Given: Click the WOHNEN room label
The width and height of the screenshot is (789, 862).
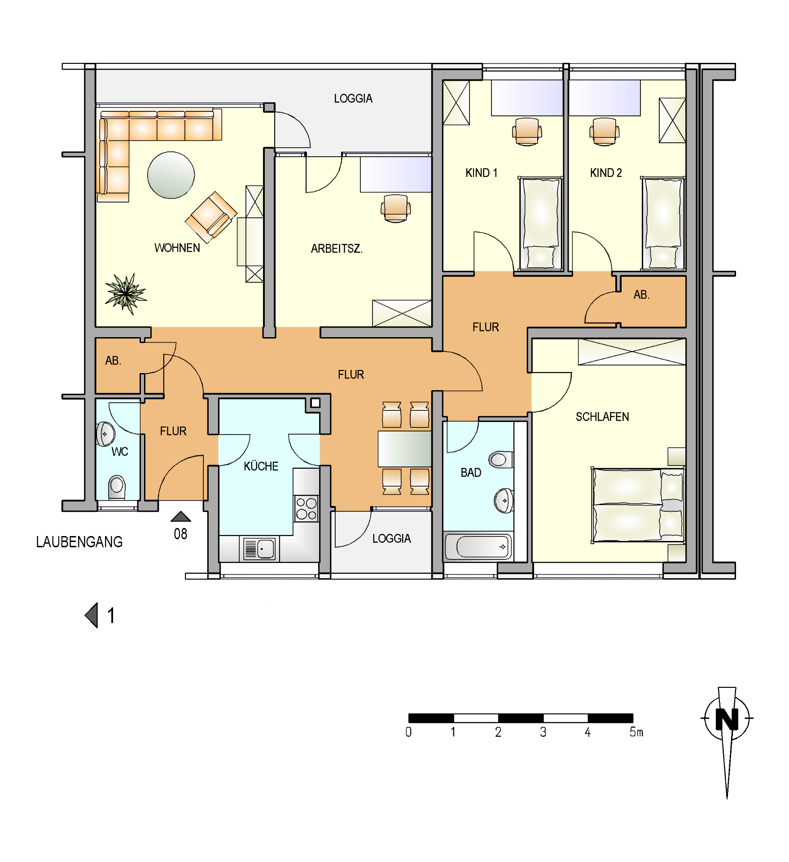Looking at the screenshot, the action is pos(177,248).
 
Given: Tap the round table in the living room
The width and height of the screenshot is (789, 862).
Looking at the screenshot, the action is pos(171,175).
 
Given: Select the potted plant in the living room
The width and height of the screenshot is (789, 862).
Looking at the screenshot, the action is pos(126,294).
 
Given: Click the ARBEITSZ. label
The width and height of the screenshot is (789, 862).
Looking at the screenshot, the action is pos(337,249).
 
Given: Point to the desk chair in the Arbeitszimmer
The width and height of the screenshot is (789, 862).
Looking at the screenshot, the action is pos(396,208).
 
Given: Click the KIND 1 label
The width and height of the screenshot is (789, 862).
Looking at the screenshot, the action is pos(482,173).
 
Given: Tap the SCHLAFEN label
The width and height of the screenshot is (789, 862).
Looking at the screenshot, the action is pos(602,417).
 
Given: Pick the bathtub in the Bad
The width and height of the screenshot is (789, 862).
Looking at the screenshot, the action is pos(478,546).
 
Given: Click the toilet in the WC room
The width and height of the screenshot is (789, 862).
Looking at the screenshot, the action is pos(117,488).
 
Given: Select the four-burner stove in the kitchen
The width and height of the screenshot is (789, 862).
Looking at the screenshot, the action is pos(307,508).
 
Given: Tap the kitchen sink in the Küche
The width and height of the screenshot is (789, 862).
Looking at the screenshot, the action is pos(259,549).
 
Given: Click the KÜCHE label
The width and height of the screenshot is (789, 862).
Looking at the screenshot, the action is pos(261,466).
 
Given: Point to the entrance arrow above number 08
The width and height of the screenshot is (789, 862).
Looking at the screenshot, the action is pos(181,516).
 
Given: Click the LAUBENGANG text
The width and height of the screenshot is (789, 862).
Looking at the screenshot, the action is pos(79,542).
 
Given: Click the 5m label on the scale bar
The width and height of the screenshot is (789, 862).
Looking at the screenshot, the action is pos(636,732).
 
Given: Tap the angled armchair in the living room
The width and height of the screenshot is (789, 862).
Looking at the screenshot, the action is pos(211,217).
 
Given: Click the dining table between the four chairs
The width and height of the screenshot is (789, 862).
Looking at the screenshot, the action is pos(404,449).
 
